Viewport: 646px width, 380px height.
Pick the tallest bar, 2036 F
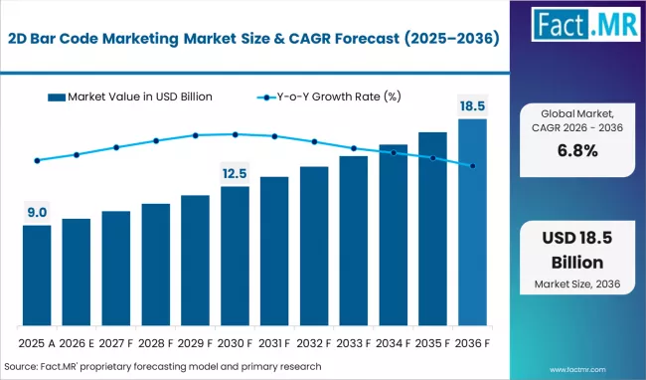472,223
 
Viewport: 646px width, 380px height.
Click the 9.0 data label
37,211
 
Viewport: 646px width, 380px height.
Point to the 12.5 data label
235,173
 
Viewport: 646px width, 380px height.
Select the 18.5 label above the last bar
472,105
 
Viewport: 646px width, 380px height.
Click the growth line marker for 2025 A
37,160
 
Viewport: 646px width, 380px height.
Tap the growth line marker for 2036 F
472,165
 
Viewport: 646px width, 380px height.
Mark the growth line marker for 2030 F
235,134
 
